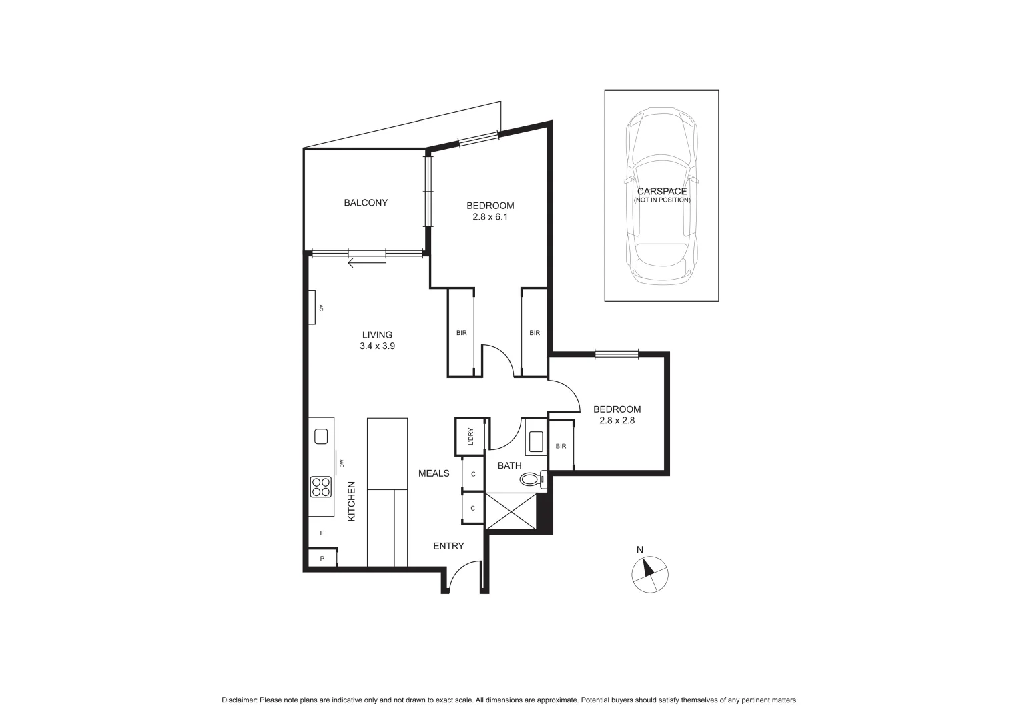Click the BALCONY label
pyautogui.click(x=366, y=203)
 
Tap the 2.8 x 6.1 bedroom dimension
pyautogui.click(x=490, y=217)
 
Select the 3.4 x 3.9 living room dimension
pyautogui.click(x=377, y=346)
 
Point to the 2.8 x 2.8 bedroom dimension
pyautogui.click(x=617, y=421)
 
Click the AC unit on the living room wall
pyautogui.click(x=312, y=308)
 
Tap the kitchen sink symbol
pyautogui.click(x=321, y=437)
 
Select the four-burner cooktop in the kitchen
pyautogui.click(x=321, y=487)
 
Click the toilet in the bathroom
pyautogui.click(x=532, y=479)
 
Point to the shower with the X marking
pyautogui.click(x=511, y=511)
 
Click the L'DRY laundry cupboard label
pyautogui.click(x=470, y=436)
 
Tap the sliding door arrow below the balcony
pyautogui.click(x=366, y=263)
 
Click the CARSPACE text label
pyautogui.click(x=661, y=192)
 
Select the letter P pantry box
pyautogui.click(x=322, y=558)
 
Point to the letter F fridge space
pyautogui.click(x=322, y=533)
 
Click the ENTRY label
pyautogui.click(x=448, y=546)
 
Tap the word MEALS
pyautogui.click(x=434, y=473)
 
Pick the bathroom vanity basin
pyautogui.click(x=535, y=441)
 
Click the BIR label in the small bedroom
pyautogui.click(x=561, y=446)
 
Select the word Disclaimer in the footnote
pyautogui.click(x=239, y=700)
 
